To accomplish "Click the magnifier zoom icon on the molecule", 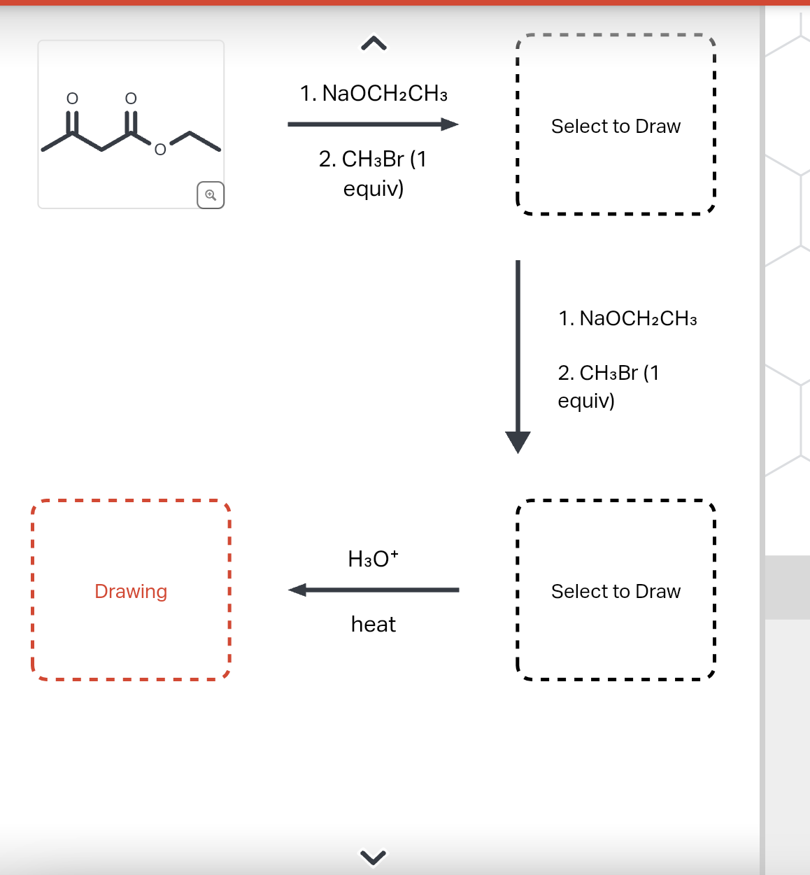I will [211, 194].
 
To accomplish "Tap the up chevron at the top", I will [374, 44].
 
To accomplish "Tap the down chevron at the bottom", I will [373, 856].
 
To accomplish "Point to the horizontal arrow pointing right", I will [373, 125].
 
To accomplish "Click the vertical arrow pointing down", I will [518, 357].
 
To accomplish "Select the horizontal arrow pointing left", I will [374, 590].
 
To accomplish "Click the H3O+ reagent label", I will [373, 558].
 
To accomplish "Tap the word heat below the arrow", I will [373, 624].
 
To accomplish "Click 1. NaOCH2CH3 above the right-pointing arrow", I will [374, 93].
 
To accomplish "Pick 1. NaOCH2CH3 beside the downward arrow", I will [627, 318].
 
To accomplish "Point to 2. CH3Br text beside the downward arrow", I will [608, 373].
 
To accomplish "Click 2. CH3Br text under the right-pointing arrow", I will [372, 159].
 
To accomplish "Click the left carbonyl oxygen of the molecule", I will [72, 98].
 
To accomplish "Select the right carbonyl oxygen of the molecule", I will [131, 98].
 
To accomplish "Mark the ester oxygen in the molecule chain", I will [160, 149].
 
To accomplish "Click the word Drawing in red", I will [131, 591].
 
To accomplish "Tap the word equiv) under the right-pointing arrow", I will [374, 188].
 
